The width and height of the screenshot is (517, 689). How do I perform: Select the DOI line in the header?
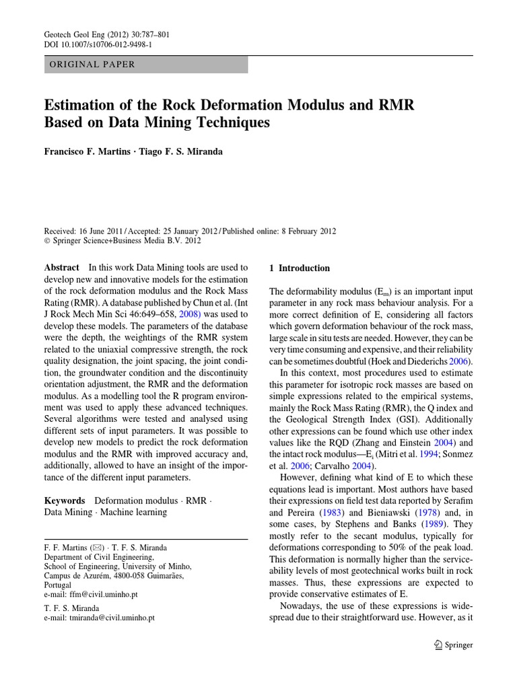click(x=98, y=44)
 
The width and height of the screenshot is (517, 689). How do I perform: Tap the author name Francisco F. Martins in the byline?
click(x=88, y=151)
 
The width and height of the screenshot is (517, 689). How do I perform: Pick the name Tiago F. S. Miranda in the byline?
click(x=181, y=151)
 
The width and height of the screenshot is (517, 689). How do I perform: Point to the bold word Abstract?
click(x=61, y=268)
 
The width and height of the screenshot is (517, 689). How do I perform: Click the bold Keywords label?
click(x=65, y=501)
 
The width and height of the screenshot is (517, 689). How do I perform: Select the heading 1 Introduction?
click(x=300, y=268)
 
